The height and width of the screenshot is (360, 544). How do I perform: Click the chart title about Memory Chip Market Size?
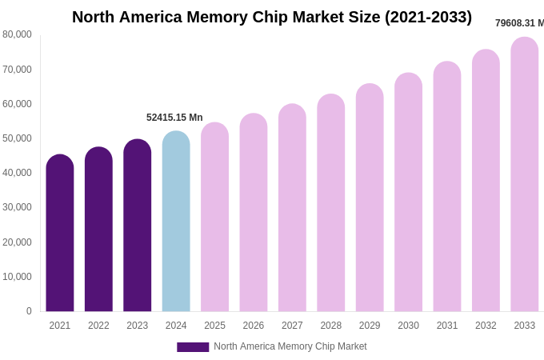(272, 17)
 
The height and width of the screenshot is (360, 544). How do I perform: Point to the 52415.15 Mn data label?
(174, 118)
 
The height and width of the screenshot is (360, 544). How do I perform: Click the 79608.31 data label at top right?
(519, 23)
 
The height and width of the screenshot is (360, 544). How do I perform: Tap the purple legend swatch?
(193, 347)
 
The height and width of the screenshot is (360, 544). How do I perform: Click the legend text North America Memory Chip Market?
(290, 346)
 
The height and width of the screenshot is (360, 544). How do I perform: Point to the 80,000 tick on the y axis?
(17, 34)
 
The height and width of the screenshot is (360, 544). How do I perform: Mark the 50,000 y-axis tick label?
(17, 138)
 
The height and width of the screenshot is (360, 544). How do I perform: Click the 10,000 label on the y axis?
(17, 277)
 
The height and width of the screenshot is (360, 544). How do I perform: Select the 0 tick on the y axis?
(29, 311)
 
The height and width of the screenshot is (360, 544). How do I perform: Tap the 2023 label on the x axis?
(138, 326)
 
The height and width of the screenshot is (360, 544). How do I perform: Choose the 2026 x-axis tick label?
(254, 326)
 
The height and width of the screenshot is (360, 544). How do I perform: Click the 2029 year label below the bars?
(370, 326)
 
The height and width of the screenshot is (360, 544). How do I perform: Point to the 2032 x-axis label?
(486, 326)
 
